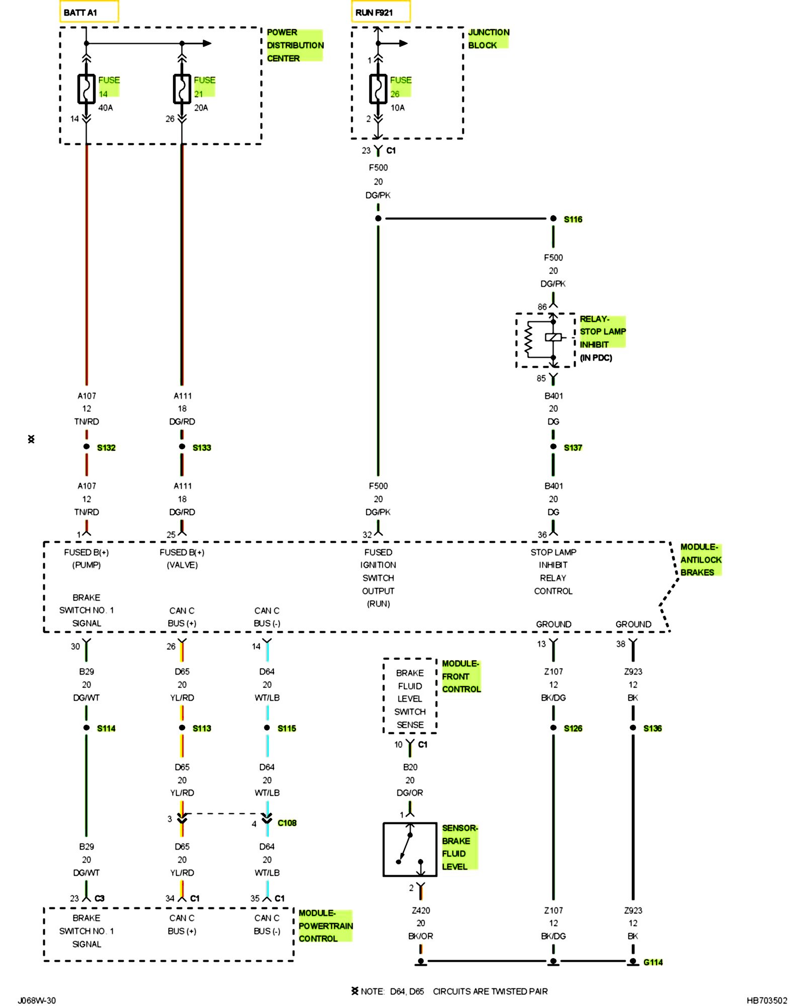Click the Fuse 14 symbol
[x=86, y=89]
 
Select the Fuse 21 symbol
[x=182, y=89]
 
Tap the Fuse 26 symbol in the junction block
[x=378, y=89]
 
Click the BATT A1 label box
[x=89, y=12]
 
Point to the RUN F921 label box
[x=381, y=12]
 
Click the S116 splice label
[x=573, y=219]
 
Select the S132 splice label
[x=106, y=448]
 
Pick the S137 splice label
[x=573, y=448]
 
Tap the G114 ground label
[x=653, y=962]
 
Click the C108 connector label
[x=287, y=823]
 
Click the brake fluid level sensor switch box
[x=410, y=850]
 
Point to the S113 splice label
[x=202, y=728]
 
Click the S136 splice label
[x=653, y=728]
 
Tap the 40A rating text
[x=106, y=108]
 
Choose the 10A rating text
[x=397, y=108]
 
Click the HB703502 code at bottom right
[x=767, y=1000]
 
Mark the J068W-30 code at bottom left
[x=37, y=1000]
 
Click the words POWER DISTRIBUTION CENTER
[x=295, y=45]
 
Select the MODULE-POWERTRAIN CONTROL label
[x=326, y=926]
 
